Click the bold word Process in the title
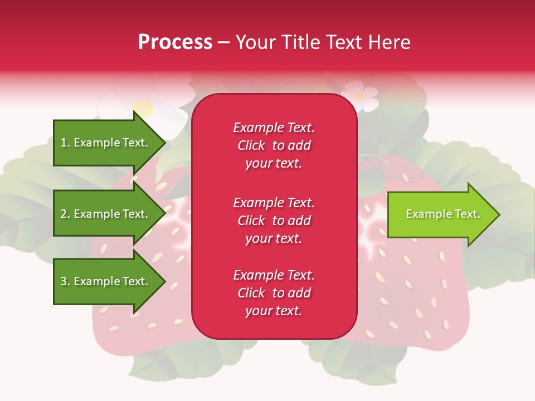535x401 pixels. click(x=175, y=42)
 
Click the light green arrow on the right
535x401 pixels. click(x=440, y=214)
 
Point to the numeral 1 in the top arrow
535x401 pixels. click(x=63, y=143)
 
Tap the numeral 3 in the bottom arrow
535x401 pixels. click(x=63, y=281)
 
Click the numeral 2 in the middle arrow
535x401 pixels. click(x=63, y=214)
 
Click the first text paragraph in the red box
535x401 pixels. click(x=274, y=145)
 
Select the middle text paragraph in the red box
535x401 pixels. click(x=274, y=221)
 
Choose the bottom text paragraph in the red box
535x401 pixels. click(x=274, y=293)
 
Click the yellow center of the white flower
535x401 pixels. click(x=144, y=107)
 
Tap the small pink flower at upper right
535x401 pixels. click(x=359, y=96)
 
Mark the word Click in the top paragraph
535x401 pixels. click(x=251, y=145)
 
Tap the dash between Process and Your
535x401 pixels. click(x=224, y=42)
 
